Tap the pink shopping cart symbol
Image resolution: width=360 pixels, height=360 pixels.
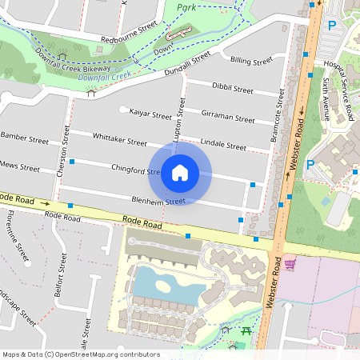pos(290,263)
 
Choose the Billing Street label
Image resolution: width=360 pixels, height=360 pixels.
pos(251,60)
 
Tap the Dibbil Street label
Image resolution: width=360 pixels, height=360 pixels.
pos(232,86)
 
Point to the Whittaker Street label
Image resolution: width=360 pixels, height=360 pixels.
pos(120,138)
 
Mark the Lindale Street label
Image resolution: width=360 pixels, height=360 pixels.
pos(223,145)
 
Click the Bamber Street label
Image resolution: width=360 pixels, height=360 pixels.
pos(24,137)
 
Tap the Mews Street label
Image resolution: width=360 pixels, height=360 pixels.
pos(21,168)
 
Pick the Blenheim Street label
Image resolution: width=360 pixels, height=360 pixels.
pos(158,200)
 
